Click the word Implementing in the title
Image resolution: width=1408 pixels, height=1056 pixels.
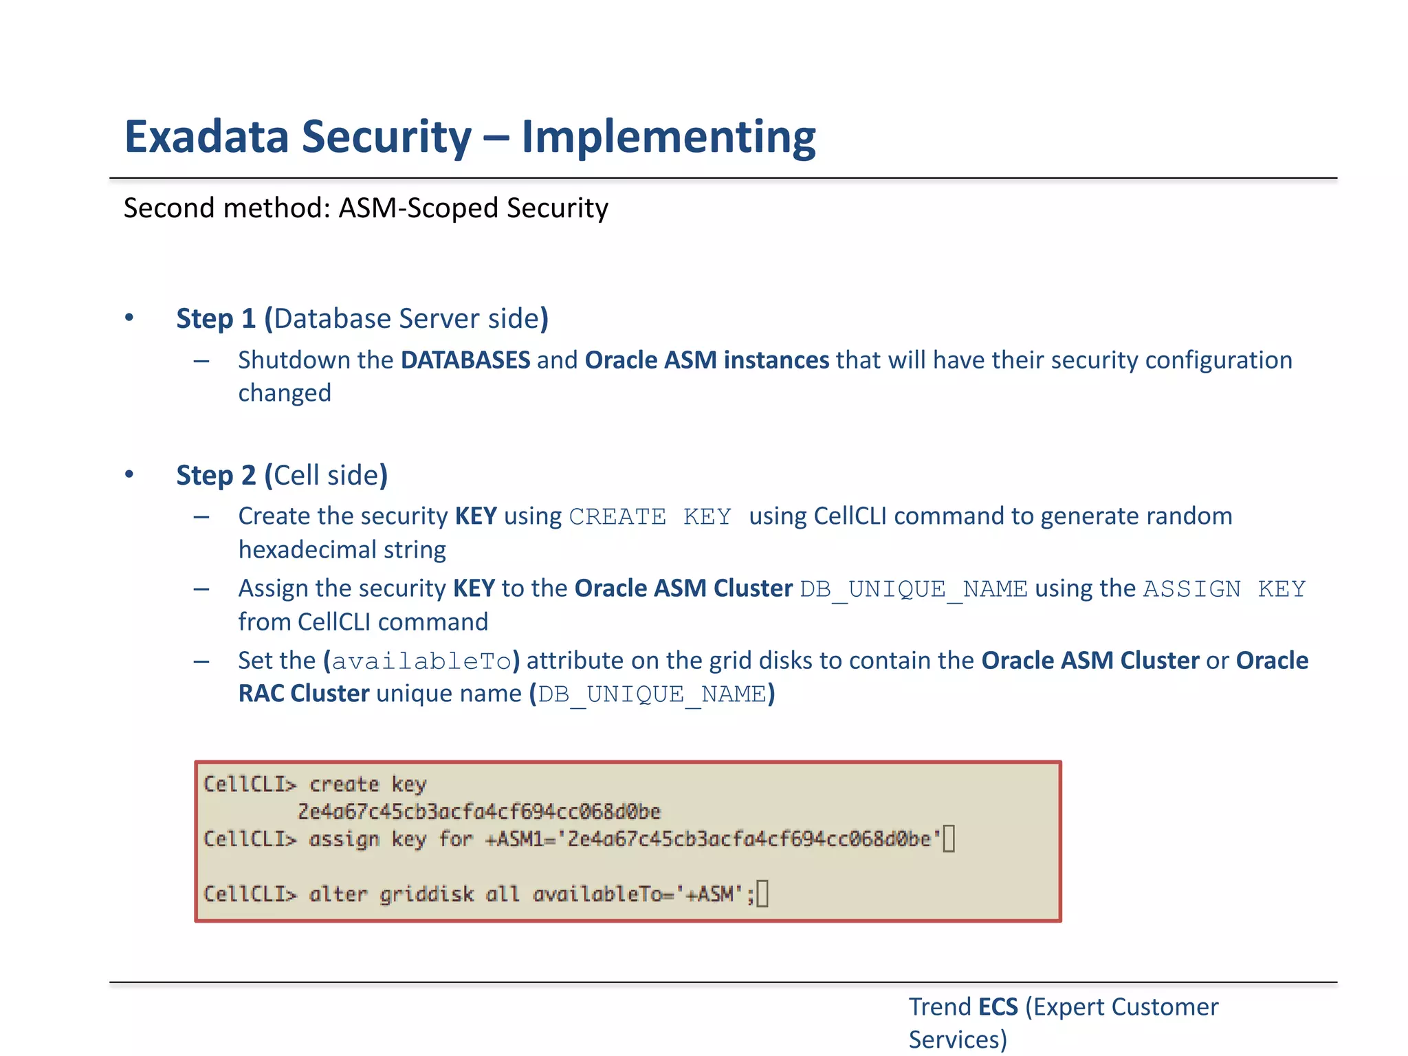[x=668, y=137]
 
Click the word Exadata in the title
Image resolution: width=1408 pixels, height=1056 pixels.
[x=206, y=137]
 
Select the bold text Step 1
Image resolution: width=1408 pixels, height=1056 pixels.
[x=216, y=318]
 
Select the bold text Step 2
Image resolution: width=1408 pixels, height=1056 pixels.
[x=216, y=475]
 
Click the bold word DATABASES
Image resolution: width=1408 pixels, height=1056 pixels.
[x=465, y=360]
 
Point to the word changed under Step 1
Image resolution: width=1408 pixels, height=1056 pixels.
[x=285, y=393]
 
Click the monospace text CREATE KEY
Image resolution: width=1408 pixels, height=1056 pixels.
[x=650, y=516]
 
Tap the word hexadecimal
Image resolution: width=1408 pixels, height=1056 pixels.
[x=307, y=549]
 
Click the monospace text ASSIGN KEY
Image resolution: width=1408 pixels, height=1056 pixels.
[x=1224, y=588]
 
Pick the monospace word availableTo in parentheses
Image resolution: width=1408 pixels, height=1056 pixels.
[x=421, y=661]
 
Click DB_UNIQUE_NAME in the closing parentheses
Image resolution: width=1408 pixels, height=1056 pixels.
[x=652, y=694]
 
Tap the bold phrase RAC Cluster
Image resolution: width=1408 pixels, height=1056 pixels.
[x=304, y=693]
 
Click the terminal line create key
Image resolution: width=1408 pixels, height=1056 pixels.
[x=367, y=784]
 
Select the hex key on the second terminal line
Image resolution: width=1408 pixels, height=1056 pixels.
[x=478, y=811]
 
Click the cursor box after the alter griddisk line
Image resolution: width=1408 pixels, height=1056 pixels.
[x=762, y=894]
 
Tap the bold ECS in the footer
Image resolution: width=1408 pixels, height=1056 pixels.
[x=998, y=1006]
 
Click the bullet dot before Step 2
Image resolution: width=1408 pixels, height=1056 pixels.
[x=129, y=474]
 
